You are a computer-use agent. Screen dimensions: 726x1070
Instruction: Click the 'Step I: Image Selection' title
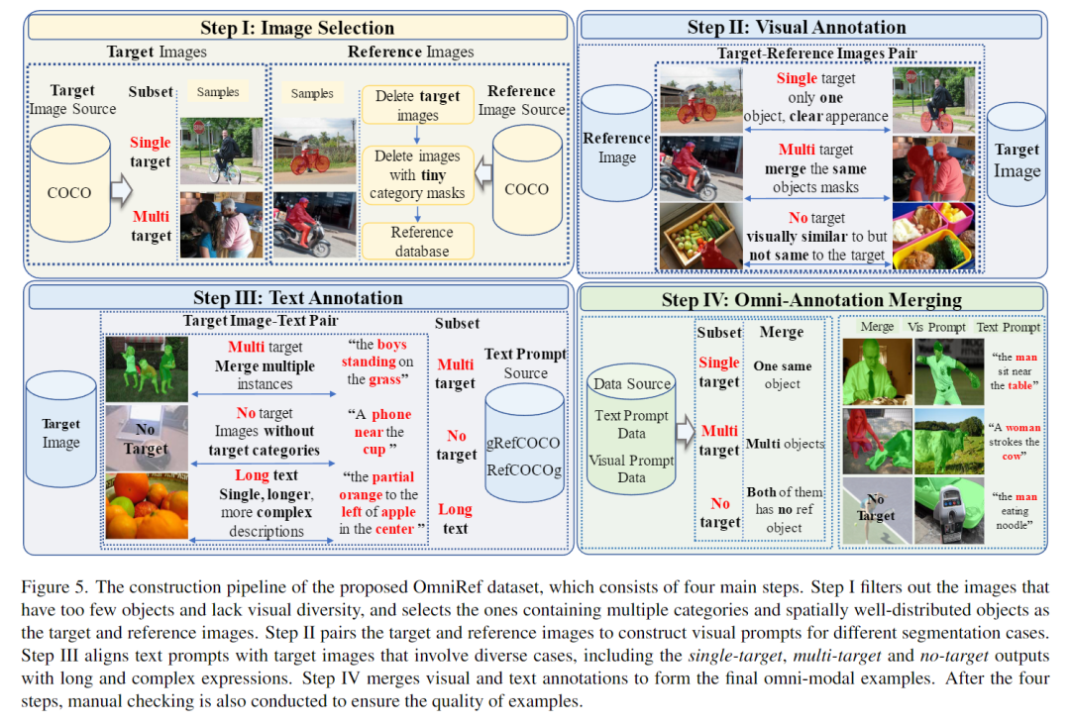(x=296, y=28)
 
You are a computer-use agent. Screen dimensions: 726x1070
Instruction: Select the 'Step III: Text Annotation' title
(x=297, y=298)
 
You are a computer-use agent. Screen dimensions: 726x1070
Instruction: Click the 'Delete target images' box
(x=417, y=106)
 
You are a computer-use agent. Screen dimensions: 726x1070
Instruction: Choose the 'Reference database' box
(x=418, y=242)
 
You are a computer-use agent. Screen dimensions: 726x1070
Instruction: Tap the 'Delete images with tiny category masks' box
(x=417, y=174)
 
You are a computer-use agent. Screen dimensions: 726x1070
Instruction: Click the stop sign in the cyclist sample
(x=198, y=128)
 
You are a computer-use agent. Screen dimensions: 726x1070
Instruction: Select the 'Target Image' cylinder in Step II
(x=1016, y=160)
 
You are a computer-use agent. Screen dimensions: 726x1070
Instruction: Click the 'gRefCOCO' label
(x=524, y=443)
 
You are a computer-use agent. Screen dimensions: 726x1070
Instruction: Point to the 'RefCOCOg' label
(x=524, y=470)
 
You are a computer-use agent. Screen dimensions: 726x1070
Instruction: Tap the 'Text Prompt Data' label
(x=631, y=424)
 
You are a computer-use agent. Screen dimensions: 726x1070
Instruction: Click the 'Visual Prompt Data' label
(x=631, y=469)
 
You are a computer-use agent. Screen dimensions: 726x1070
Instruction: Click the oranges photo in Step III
(x=147, y=505)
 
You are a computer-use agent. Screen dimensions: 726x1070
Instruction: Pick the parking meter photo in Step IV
(x=947, y=510)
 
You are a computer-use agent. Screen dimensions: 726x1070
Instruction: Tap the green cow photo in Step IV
(x=947, y=440)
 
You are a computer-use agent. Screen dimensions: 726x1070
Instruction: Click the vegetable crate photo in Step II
(x=700, y=237)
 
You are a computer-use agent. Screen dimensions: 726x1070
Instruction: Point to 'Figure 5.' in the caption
(x=49, y=584)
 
